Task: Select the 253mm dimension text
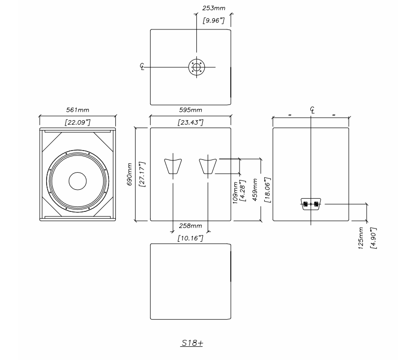[214, 8]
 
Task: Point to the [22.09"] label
[78, 122]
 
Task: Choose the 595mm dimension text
[190, 110]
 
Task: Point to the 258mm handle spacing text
[190, 226]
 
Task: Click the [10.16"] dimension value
[190, 238]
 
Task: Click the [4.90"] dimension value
[373, 237]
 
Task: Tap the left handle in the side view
[173, 166]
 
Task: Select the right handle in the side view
[208, 166]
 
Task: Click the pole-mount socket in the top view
[196, 67]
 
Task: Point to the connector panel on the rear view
[310, 204]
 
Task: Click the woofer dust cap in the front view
[77, 181]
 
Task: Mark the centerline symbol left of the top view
[142, 67]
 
